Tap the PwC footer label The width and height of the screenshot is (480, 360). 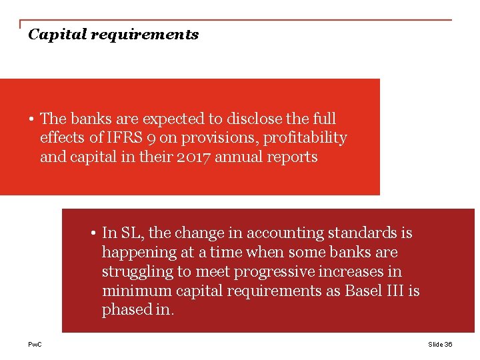(34, 344)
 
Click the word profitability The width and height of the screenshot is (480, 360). (304, 138)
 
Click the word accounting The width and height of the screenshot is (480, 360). (286, 233)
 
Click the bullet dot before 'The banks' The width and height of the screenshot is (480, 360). (31, 119)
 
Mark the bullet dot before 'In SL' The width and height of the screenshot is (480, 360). (93, 233)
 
